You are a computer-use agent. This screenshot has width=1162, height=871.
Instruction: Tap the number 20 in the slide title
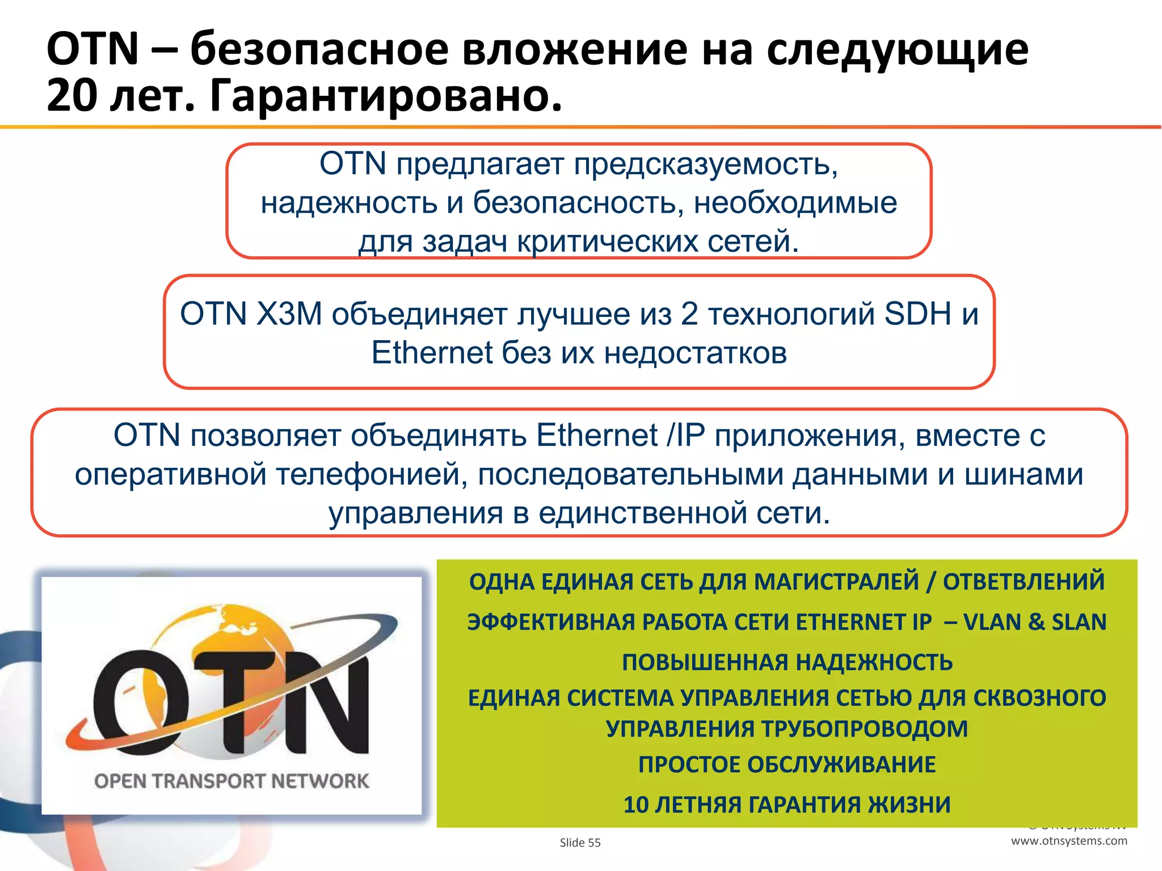tap(71, 95)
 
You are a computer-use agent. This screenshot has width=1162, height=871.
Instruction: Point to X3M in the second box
tap(289, 314)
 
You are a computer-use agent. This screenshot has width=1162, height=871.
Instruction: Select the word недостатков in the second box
tap(695, 353)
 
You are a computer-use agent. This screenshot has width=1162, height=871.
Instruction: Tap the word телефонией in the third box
tap(372, 474)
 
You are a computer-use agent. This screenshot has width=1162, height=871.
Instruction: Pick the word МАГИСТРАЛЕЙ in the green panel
tap(837, 582)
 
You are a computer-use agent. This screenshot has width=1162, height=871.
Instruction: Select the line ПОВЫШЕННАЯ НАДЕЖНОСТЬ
tap(787, 662)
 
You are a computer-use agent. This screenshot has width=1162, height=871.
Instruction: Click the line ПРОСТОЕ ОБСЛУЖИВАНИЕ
tap(787, 764)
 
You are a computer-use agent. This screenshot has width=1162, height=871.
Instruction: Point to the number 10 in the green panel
tap(636, 805)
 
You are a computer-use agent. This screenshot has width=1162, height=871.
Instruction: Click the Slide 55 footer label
tap(580, 843)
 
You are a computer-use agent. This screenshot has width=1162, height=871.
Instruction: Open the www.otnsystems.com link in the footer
tap(1069, 841)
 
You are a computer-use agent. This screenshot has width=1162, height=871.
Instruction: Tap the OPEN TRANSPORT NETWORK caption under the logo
tap(231, 781)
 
